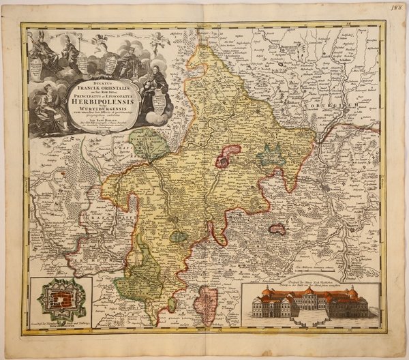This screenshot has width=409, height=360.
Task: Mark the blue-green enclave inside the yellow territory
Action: [x=270, y=157]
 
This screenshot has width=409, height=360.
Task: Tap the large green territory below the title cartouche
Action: [x=147, y=144]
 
